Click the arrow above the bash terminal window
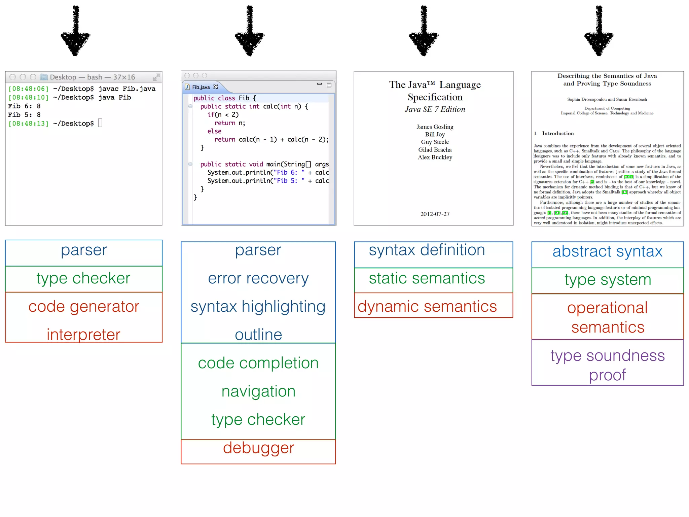(x=75, y=32)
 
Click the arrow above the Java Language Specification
(x=424, y=32)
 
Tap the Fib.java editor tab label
(x=201, y=87)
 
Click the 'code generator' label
(x=83, y=307)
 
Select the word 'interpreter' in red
(x=83, y=335)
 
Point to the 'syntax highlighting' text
(x=258, y=307)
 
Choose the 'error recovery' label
(x=258, y=278)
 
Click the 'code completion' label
(x=258, y=363)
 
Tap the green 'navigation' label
(x=258, y=391)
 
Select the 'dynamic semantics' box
(x=433, y=306)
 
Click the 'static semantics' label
(x=427, y=278)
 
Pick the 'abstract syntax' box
(x=607, y=252)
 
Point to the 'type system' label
(x=608, y=280)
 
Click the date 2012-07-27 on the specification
(x=435, y=214)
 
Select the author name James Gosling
(x=435, y=127)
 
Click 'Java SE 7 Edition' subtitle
(x=435, y=109)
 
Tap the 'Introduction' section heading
(x=557, y=134)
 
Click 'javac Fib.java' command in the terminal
(x=127, y=89)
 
